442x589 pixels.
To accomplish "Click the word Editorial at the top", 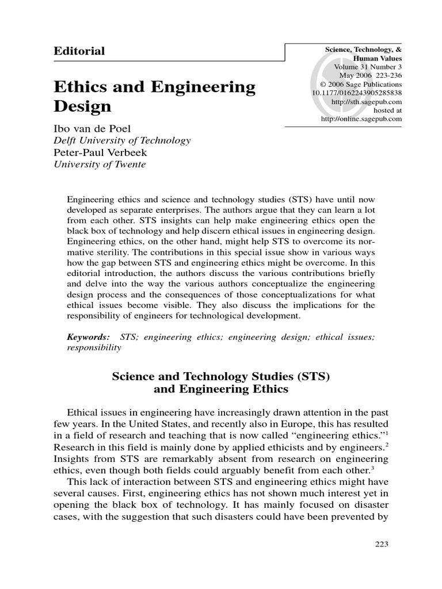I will point(79,51).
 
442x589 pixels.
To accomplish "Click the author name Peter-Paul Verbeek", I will point(101,152).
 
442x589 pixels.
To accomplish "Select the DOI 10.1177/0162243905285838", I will point(357,93).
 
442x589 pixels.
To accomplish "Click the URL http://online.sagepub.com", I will point(361,118).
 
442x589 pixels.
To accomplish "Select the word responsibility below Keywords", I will point(94,347).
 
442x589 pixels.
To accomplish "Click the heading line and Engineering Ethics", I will point(221,389).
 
